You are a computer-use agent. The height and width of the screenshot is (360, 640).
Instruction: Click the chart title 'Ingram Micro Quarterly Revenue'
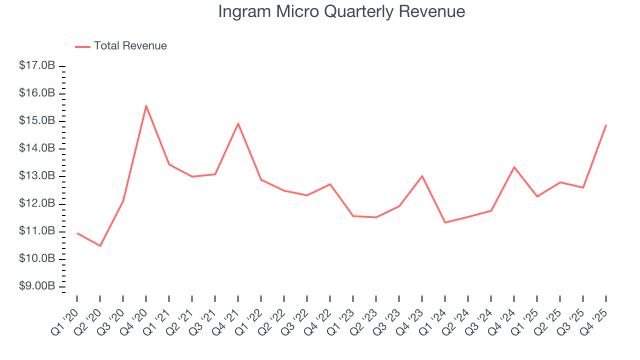coord(341,11)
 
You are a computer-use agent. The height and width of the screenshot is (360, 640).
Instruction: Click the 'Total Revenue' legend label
coord(130,46)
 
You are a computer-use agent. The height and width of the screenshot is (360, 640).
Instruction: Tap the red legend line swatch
coord(82,46)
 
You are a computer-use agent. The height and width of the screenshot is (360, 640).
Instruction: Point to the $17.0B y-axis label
coord(37,66)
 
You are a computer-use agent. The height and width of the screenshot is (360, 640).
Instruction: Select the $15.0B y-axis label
coord(37,121)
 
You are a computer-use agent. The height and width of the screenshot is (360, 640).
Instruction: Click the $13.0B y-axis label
coord(37,176)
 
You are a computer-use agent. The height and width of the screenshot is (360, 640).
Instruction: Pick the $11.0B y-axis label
coord(37,231)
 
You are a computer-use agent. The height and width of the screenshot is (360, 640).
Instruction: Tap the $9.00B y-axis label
coord(37,286)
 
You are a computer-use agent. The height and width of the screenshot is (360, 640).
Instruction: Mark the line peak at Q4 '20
coord(146,105)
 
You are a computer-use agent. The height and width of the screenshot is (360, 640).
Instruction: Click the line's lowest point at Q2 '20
coord(100,246)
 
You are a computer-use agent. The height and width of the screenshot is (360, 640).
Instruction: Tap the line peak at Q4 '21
coord(238,123)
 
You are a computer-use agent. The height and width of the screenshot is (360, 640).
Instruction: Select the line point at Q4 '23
coord(422,176)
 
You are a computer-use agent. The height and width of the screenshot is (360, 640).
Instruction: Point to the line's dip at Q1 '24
coord(445,222)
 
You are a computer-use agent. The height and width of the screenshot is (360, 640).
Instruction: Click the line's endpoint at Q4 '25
coord(606,125)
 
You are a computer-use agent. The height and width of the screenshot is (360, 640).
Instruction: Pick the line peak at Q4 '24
coord(514,167)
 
